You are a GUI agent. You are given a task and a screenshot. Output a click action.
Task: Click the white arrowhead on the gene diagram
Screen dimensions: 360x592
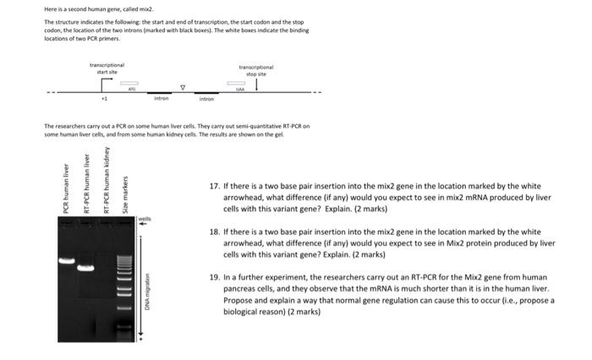point(183,85)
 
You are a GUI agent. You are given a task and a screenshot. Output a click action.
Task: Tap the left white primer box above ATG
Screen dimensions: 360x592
point(129,83)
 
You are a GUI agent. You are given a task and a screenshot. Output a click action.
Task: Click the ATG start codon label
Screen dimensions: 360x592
point(131,89)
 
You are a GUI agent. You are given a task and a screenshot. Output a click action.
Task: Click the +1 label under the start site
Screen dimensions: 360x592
point(104,99)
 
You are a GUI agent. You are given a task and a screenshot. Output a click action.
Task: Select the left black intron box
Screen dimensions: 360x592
point(159,93)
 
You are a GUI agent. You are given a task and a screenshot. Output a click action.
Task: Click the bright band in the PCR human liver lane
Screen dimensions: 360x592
point(67,260)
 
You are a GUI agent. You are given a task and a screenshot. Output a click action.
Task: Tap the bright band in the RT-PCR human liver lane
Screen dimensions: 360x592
point(85,269)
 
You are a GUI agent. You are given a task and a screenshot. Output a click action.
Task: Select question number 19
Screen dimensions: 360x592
point(215,276)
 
